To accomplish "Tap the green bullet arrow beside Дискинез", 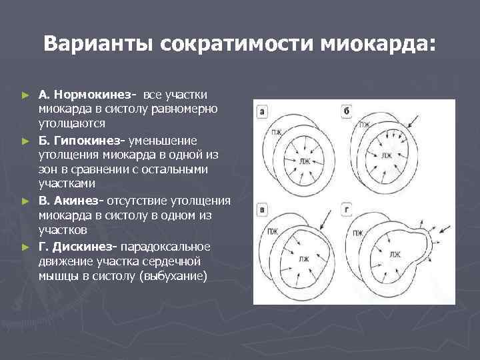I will (26, 247).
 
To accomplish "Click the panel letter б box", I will (347, 111).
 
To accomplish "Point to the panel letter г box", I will (347, 211).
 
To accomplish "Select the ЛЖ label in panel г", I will (395, 254).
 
